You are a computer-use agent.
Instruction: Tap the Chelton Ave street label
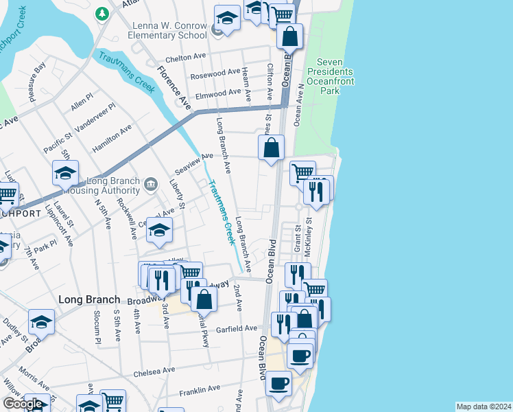[x=186, y=58]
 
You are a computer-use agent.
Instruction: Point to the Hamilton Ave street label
[x=116, y=138]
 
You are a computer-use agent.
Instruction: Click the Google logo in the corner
[x=23, y=404]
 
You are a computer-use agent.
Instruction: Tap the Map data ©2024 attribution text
[x=484, y=407]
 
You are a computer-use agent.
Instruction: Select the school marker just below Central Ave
[x=159, y=231]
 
